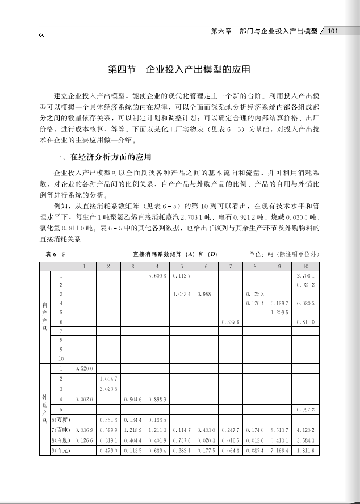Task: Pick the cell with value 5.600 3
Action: pos(156,275)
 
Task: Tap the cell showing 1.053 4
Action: pos(181,295)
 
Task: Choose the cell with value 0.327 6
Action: pos(231,322)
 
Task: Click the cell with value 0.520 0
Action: pos(83,368)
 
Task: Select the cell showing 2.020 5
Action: pos(108,389)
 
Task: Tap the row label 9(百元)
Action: pos(61,450)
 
